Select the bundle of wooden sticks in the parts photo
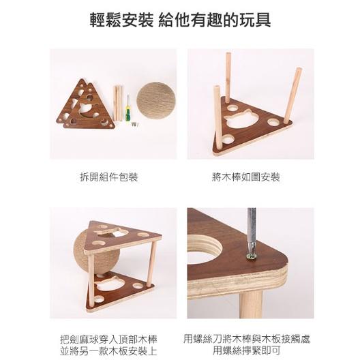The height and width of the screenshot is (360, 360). pos(118,103)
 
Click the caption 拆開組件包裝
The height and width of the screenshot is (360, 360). pos(109,177)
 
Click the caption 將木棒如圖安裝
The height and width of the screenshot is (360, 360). pos(250,177)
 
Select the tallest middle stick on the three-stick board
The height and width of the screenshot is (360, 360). pos(228,77)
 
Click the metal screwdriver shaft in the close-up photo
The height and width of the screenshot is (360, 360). pos(252,228)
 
